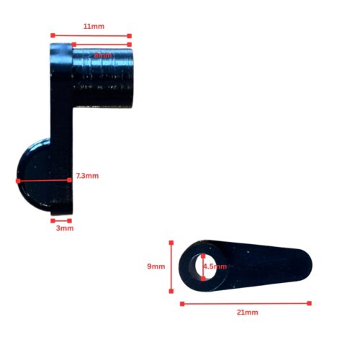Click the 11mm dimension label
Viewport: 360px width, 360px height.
point(94,27)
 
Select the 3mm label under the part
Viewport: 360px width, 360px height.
point(64,228)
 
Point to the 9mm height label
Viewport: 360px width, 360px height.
point(156,266)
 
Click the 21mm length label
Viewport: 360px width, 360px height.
point(247,312)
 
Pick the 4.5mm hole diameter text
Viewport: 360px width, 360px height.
point(215,266)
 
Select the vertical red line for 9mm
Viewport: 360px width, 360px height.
point(172,266)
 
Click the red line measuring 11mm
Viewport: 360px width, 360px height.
point(91,35)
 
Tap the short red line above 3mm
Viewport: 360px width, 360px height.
point(61,220)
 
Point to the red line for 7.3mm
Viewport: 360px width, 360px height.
point(43,179)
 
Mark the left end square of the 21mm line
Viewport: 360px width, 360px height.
point(181,303)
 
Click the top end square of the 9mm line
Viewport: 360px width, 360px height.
point(172,243)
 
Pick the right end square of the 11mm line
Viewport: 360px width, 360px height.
point(130,35)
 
